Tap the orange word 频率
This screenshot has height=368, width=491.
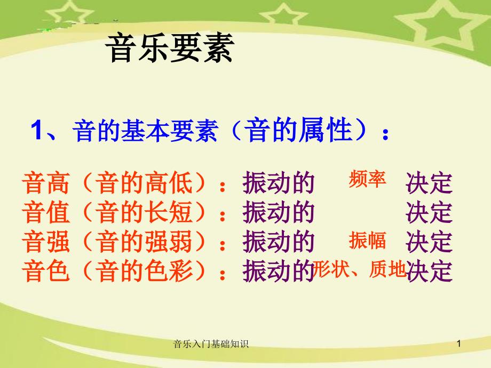coord(367,180)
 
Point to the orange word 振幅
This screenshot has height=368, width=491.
coord(367,241)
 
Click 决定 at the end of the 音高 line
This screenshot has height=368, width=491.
coord(429,184)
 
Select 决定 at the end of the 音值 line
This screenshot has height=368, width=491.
coord(429,213)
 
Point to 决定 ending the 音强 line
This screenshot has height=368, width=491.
coord(429,242)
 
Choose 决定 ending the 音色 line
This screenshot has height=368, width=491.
coord(429,271)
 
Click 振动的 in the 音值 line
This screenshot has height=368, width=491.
coord(277,213)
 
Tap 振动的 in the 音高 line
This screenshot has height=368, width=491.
coord(277,184)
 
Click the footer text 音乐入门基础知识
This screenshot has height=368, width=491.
coord(211,345)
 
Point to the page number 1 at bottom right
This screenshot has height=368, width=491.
coord(458,345)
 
